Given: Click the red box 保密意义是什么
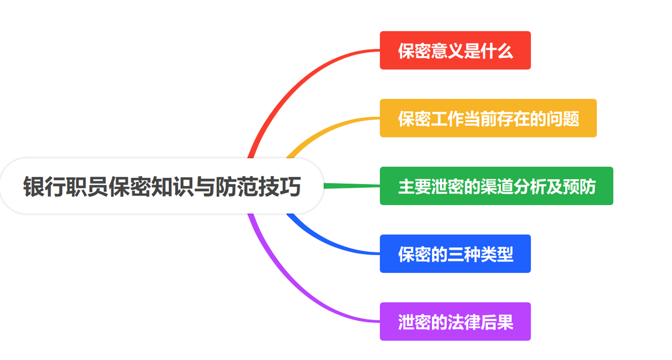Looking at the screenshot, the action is tap(455, 50).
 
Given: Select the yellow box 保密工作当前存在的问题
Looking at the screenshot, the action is tap(488, 118).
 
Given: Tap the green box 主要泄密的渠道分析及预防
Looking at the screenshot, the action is tap(497, 186).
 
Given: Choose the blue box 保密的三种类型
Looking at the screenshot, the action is tap(455, 254).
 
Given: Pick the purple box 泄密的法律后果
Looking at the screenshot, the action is tap(455, 321).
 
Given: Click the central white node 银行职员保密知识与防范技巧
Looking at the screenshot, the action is tap(162, 186).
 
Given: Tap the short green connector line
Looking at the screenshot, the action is tap(352, 186).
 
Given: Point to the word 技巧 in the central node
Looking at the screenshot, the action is tap(280, 186).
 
